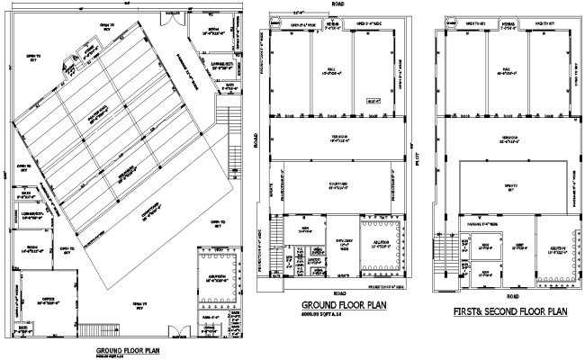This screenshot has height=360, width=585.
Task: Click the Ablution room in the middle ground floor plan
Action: pos(378,245)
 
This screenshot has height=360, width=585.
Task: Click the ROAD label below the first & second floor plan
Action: pos(513,295)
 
